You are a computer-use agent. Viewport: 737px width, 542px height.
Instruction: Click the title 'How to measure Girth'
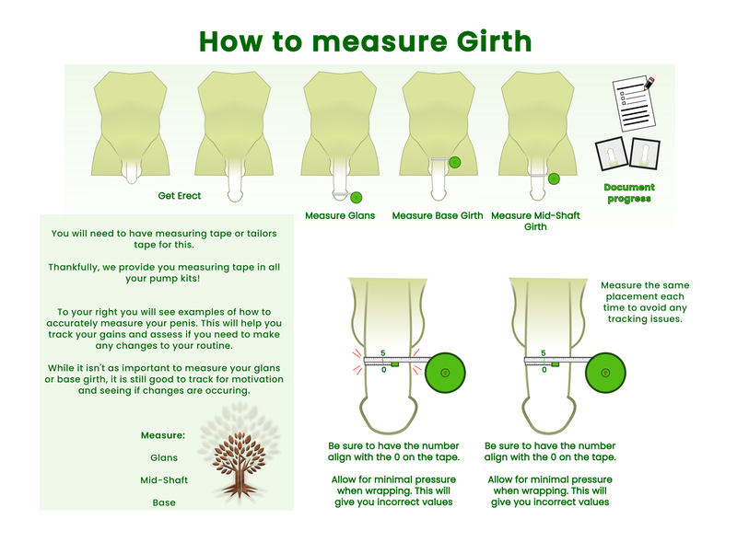click(365, 41)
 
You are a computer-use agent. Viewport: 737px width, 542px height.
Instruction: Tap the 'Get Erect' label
click(179, 196)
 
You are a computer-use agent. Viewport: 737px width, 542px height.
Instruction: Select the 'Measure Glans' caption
click(340, 215)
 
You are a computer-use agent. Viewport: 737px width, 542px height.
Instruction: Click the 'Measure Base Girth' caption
click(438, 215)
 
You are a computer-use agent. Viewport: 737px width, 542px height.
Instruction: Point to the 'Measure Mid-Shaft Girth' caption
click(535, 221)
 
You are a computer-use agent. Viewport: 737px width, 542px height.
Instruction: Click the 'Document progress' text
click(629, 193)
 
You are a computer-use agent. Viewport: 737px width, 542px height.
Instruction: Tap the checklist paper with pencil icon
click(634, 104)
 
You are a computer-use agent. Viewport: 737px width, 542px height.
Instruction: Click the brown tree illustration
click(240, 464)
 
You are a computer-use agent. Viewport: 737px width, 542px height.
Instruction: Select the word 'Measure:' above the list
click(163, 435)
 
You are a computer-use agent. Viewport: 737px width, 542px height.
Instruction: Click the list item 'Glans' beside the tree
click(164, 458)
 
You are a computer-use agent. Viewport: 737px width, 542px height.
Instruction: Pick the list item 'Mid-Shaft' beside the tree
click(164, 480)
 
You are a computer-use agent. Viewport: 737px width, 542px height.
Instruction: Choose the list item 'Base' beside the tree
click(164, 502)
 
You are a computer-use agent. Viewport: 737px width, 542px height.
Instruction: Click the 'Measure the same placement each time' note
click(645, 302)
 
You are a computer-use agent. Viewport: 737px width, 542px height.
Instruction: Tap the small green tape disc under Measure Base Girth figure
click(454, 163)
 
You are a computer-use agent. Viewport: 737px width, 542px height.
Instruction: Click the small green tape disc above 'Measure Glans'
click(357, 198)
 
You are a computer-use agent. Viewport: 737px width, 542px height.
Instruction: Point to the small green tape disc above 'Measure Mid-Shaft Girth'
click(555, 179)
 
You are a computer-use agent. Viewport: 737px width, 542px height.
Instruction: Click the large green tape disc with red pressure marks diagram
click(445, 373)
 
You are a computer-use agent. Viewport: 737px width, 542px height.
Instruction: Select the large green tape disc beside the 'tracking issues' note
click(605, 373)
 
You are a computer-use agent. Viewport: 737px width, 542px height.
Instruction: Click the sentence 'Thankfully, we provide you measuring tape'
click(164, 273)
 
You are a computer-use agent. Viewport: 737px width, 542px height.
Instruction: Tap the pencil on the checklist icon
click(649, 83)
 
